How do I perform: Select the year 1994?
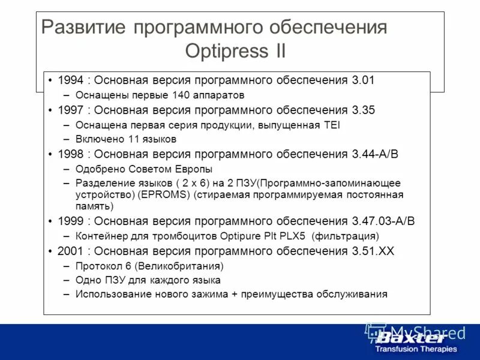pyautogui.click(x=70, y=80)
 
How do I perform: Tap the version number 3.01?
pyautogui.click(x=363, y=80)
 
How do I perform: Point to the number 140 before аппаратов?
pyautogui.click(x=181, y=95)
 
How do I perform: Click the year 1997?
pyautogui.click(x=70, y=110)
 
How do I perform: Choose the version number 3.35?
pyautogui.click(x=363, y=110)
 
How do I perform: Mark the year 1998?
pyautogui.click(x=70, y=154)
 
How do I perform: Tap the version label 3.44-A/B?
pyautogui.click(x=374, y=154)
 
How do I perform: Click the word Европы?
pyautogui.click(x=193, y=169)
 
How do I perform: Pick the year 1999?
pyautogui.click(x=70, y=221)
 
